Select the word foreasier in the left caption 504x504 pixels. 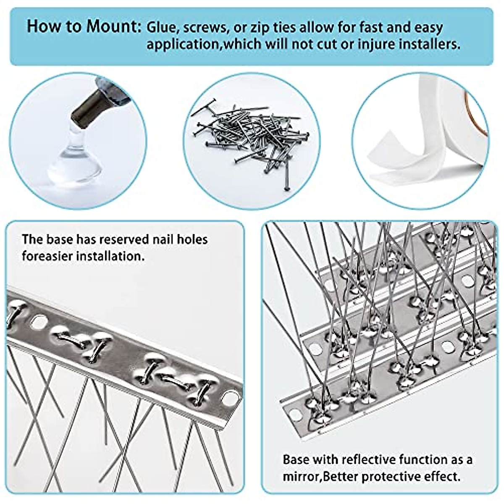click(x=47, y=256)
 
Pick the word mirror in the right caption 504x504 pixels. click(x=299, y=477)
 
